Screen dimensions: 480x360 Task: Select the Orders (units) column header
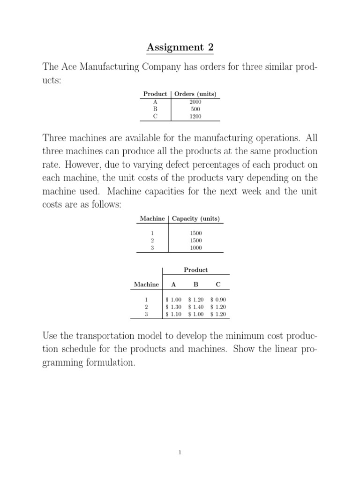195,94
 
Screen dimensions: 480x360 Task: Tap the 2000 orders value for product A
195,101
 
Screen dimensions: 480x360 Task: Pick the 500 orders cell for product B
195,109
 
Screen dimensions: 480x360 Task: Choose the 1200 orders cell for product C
195,116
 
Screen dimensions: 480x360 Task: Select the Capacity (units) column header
196,218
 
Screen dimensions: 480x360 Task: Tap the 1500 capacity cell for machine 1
196,233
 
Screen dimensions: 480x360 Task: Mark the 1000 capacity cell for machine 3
196,248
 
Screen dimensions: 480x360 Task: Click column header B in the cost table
196,285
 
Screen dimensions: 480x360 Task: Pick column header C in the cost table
218,285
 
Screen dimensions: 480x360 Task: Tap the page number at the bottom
180,452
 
